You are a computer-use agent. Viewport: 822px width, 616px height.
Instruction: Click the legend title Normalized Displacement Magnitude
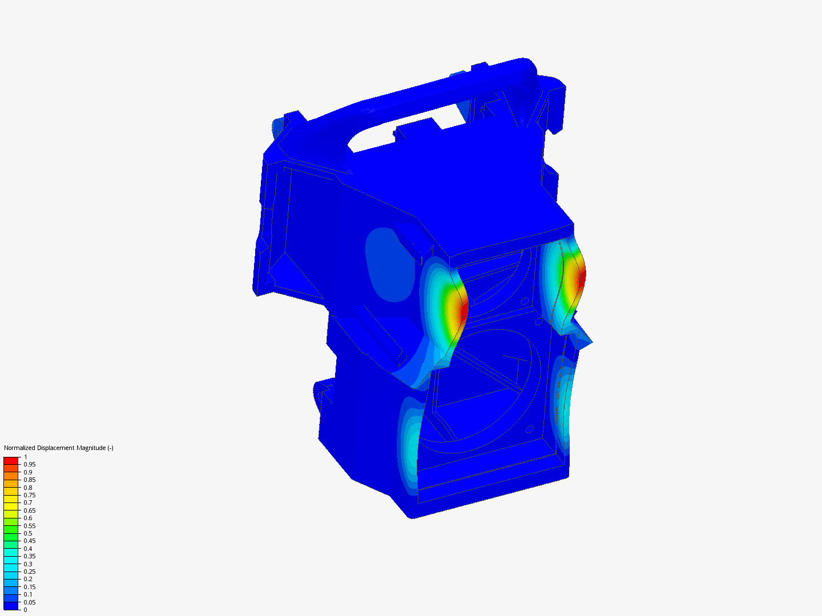58,448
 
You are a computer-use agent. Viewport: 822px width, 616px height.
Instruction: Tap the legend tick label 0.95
30,464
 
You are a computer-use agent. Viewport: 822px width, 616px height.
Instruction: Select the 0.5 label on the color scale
28,533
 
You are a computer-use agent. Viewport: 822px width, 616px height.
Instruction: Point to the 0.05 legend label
30,602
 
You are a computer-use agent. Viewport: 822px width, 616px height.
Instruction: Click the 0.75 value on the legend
30,495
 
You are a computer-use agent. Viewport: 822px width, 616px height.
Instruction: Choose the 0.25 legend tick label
30,572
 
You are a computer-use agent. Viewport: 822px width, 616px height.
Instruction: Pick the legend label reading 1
26,457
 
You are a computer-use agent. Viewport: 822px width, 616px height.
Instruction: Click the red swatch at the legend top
11,460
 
